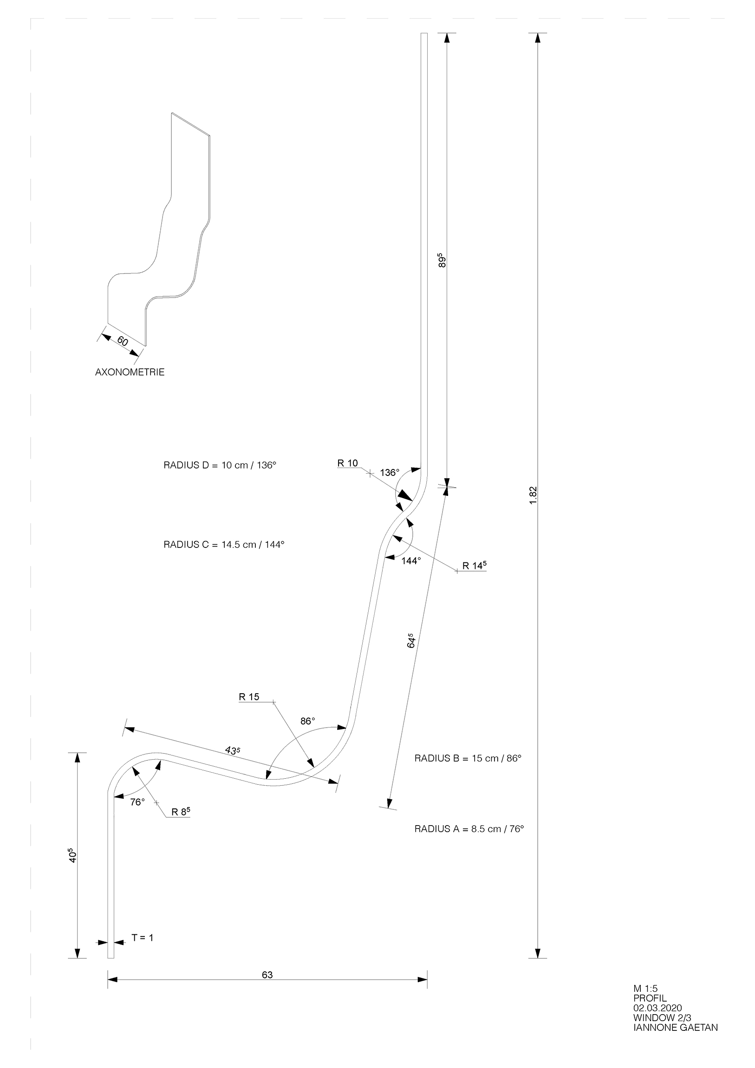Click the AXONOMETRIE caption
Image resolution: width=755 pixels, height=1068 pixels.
coord(130,372)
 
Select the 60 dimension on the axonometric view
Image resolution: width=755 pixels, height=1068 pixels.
coord(122,341)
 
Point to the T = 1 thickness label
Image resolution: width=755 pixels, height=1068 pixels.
coord(142,938)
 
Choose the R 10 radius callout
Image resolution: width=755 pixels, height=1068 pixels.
coord(347,463)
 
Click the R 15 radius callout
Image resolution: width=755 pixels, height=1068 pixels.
coord(249,697)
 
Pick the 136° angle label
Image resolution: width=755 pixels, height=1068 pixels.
coord(390,473)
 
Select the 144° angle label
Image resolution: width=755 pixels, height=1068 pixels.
coord(411,561)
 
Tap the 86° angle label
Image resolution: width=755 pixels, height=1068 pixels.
coord(307,721)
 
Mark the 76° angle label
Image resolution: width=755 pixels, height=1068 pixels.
coord(137,802)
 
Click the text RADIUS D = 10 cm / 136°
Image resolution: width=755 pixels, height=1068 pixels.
coord(220,465)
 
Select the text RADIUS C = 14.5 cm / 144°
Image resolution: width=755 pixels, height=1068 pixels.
coord(224,544)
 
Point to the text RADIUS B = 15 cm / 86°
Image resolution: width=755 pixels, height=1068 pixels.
coord(468,758)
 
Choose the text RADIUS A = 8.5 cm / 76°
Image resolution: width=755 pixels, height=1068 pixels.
coord(469,828)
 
